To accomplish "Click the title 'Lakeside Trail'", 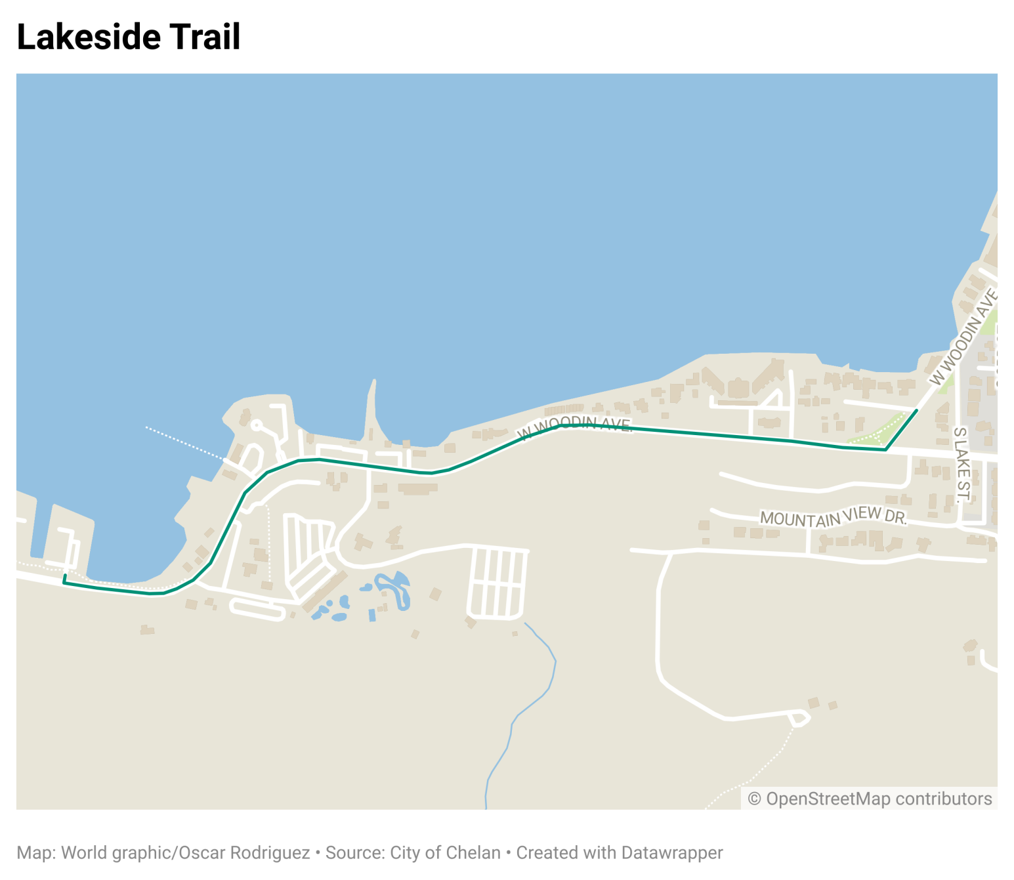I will pyautogui.click(x=129, y=37).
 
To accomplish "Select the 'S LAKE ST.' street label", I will pyautogui.click(x=961, y=465).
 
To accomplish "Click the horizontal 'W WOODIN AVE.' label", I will pyautogui.click(x=574, y=425).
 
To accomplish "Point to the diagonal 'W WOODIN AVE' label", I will pyautogui.click(x=963, y=339).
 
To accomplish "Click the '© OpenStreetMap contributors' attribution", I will pyautogui.click(x=870, y=799).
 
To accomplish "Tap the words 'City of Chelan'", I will pyautogui.click(x=445, y=852).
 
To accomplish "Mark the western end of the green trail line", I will pyautogui.click(x=64, y=577).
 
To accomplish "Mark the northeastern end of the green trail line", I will pyautogui.click(x=916, y=411).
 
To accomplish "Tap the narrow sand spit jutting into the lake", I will pyautogui.click(x=372, y=407).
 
